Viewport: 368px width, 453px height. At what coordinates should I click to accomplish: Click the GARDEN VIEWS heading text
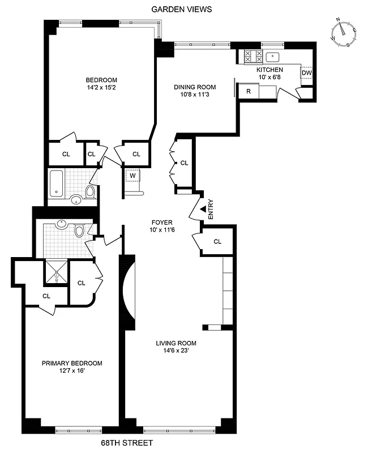[182, 9]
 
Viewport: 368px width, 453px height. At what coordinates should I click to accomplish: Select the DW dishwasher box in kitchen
[306, 73]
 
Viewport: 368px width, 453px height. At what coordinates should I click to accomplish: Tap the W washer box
[132, 176]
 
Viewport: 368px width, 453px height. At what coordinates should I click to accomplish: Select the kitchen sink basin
[273, 57]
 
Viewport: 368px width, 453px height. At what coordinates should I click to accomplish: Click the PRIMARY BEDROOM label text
[72, 363]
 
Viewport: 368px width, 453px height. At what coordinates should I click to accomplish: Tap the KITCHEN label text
[269, 69]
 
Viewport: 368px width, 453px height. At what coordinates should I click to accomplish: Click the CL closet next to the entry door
[218, 242]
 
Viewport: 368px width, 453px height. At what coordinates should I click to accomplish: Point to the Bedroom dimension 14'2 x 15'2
[101, 88]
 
